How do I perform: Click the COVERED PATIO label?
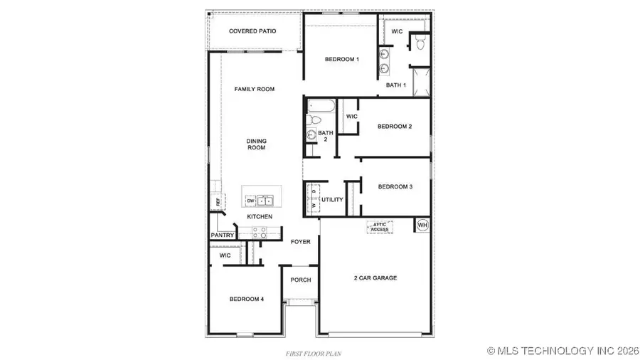click(252, 31)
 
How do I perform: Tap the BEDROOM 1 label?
click(341, 59)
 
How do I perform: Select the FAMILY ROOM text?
click(255, 89)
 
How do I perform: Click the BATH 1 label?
click(396, 85)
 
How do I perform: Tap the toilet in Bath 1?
click(420, 44)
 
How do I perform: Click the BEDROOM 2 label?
click(395, 127)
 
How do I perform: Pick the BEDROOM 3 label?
click(395, 186)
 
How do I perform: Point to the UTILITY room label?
click(332, 201)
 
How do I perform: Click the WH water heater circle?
click(422, 225)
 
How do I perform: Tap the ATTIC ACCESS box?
click(378, 227)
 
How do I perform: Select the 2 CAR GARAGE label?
click(375, 277)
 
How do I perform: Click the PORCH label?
click(301, 280)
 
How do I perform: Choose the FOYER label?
click(301, 242)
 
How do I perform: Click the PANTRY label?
click(223, 235)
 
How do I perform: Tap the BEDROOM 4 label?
click(247, 300)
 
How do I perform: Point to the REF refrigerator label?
click(218, 202)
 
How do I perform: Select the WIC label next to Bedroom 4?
click(225, 255)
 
